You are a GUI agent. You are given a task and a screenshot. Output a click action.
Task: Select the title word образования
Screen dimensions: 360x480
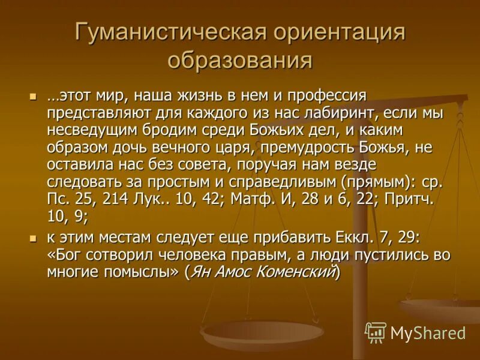(x=239, y=61)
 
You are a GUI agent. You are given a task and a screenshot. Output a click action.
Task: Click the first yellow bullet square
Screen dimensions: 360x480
(x=33, y=96)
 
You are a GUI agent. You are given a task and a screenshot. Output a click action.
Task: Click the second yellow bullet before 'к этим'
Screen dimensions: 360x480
(x=33, y=238)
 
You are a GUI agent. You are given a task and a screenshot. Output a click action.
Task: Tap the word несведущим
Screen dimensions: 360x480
(x=84, y=130)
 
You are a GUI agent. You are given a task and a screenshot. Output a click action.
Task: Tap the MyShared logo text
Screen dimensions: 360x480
(x=427, y=332)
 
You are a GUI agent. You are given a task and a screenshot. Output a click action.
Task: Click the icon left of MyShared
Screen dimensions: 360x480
(x=376, y=332)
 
